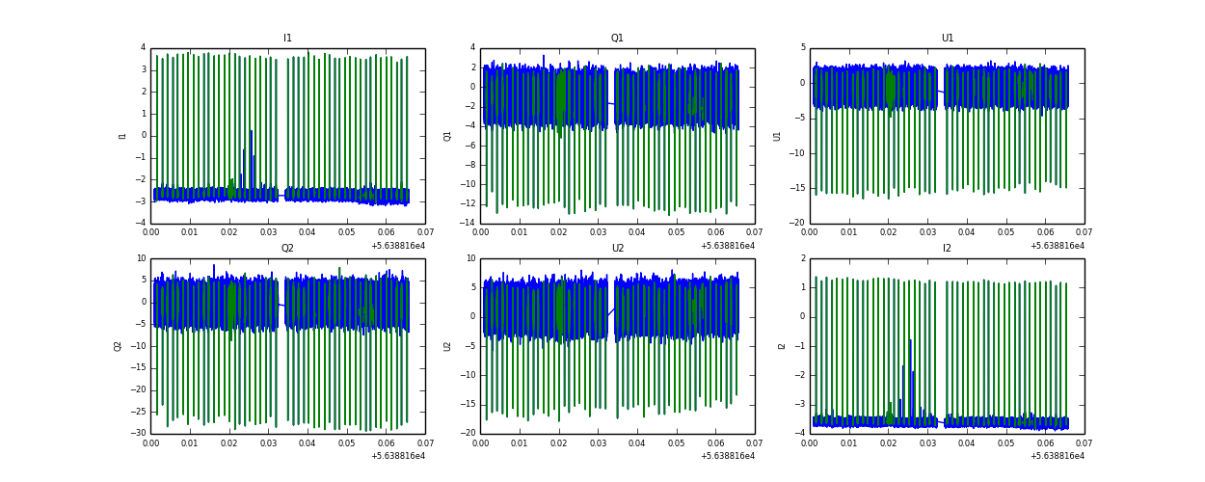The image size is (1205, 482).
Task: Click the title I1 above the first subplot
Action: pyautogui.click(x=287, y=39)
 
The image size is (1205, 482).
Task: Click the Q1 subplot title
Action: pyautogui.click(x=617, y=39)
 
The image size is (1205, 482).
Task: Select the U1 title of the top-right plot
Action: pyautogui.click(x=947, y=39)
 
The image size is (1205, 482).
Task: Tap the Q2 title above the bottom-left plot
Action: pyautogui.click(x=287, y=249)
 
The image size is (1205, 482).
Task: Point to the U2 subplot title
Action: pyautogui.click(x=617, y=249)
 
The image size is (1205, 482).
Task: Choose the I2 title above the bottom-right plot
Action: pyautogui.click(x=947, y=249)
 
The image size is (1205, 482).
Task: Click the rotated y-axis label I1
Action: pyautogui.click(x=122, y=136)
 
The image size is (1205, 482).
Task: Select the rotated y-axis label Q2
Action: pyautogui.click(x=118, y=345)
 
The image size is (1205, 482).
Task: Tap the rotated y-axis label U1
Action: pyautogui.click(x=777, y=136)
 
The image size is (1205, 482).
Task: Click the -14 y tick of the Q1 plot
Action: pyautogui.click(x=468, y=224)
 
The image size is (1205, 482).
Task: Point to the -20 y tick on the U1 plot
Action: pyautogui.click(x=796, y=224)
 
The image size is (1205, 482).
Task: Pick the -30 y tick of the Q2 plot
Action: pyautogui.click(x=138, y=434)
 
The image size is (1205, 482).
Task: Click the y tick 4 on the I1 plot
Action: pyautogui.click(x=143, y=48)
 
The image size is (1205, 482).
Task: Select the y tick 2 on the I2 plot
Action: pyautogui.click(x=801, y=258)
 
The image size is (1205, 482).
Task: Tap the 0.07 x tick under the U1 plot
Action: pyautogui.click(x=1084, y=232)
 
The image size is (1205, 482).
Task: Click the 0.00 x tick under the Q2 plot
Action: pyautogui.click(x=150, y=442)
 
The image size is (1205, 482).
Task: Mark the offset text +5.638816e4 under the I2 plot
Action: pyautogui.click(x=1057, y=456)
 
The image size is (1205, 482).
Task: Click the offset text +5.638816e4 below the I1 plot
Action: pyautogui.click(x=397, y=246)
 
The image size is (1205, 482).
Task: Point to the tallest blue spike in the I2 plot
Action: pyautogui.click(x=910, y=339)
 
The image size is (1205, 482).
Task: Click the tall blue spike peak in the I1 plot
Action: pyautogui.click(x=251, y=131)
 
